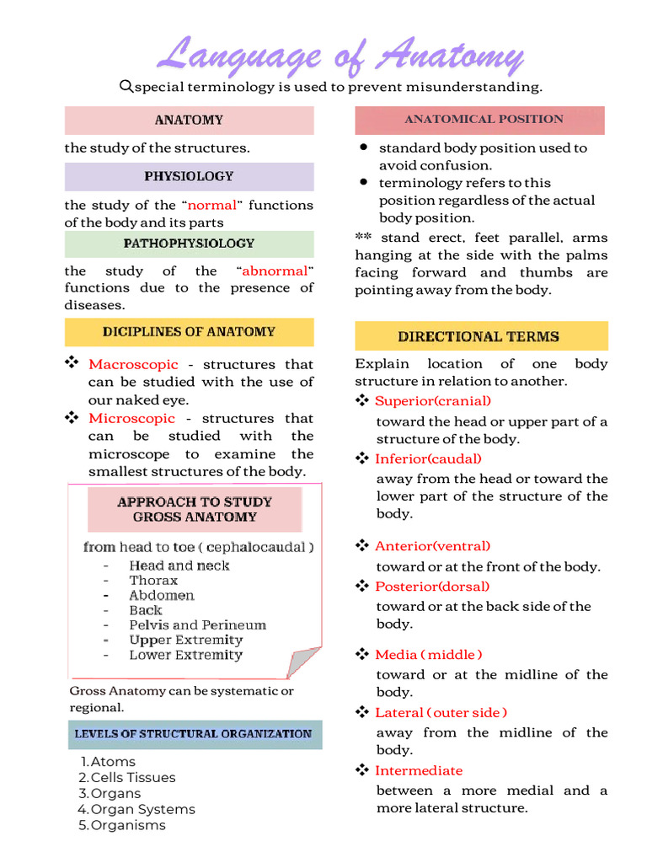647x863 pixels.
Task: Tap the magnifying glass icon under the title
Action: point(126,86)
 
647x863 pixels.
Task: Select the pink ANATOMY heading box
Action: point(189,121)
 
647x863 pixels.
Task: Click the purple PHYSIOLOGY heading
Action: point(189,177)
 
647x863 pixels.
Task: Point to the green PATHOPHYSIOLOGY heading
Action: point(189,244)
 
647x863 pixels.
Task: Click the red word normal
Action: point(211,205)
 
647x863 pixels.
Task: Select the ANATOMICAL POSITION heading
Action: point(484,120)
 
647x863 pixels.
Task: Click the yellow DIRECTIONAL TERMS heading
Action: point(479,336)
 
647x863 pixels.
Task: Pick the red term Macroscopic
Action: point(133,364)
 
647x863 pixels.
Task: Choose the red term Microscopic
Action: point(132,418)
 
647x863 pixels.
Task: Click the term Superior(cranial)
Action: point(432,401)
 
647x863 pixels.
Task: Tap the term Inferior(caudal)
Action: point(428,458)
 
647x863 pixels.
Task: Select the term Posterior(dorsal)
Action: point(431,587)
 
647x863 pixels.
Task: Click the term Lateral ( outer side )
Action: point(441,712)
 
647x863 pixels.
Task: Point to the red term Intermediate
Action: point(419,770)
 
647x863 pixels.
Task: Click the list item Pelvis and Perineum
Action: point(197,625)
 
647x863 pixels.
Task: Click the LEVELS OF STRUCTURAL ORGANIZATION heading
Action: point(193,734)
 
